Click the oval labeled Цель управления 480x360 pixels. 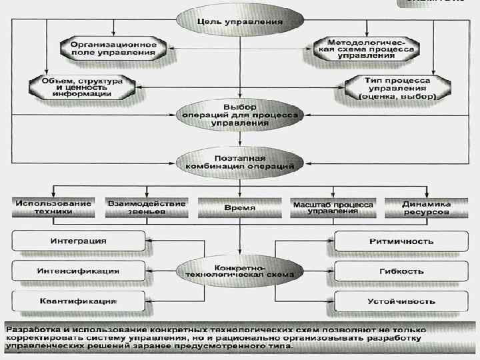coord(239,21)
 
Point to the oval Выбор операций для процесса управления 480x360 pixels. coord(239,115)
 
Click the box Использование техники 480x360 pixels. coord(53,207)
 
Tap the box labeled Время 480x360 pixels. coord(239,207)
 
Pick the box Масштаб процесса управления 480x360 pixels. coord(333,207)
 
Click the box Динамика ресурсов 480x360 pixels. coord(427,207)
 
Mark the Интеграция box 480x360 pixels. coord(79,241)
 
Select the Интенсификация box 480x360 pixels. coord(79,271)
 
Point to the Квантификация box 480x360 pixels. coord(79,301)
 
